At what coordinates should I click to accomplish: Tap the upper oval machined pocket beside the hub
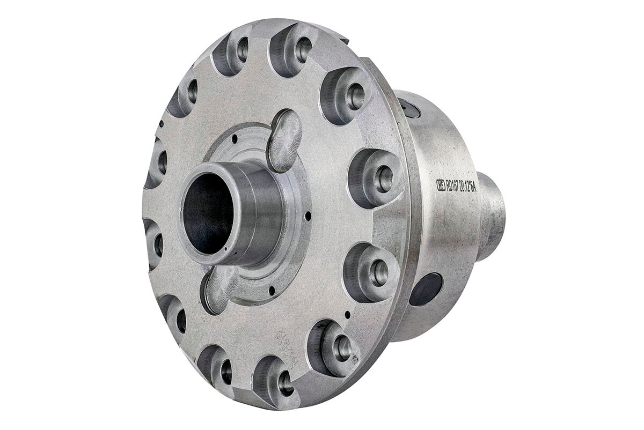(x=286, y=140)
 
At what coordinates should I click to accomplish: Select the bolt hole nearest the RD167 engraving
(x=383, y=179)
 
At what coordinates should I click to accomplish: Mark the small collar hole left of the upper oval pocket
(x=235, y=141)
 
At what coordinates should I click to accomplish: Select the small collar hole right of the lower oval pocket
(x=272, y=290)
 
